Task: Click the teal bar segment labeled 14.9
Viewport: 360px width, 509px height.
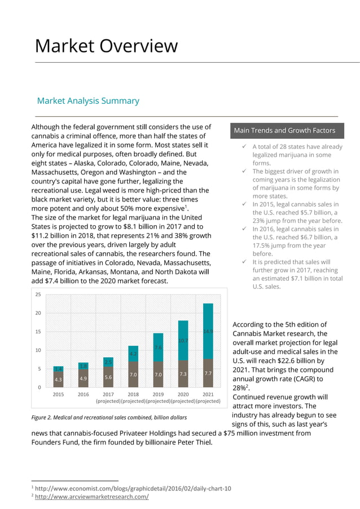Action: pyautogui.click(x=208, y=331)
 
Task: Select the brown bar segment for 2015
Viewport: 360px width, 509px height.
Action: pyautogui.click(x=58, y=379)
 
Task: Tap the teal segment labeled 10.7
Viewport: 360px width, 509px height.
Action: pyautogui.click(x=183, y=341)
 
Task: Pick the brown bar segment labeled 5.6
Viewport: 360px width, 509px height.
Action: pyautogui.click(x=108, y=377)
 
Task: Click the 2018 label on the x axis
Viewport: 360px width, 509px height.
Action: pyautogui.click(x=133, y=394)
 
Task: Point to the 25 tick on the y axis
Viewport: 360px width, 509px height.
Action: pyautogui.click(x=38, y=295)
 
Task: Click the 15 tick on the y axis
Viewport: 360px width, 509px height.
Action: pyautogui.click(x=38, y=332)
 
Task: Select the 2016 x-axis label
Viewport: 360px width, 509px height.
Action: pyautogui.click(x=83, y=394)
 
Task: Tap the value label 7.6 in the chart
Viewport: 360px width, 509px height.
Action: pyautogui.click(x=159, y=348)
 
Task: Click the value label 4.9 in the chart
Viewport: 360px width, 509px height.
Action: pyautogui.click(x=83, y=378)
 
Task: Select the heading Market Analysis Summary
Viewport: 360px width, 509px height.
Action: pyautogui.click(x=88, y=101)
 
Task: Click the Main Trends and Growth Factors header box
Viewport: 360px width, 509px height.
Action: pyautogui.click(x=284, y=131)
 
